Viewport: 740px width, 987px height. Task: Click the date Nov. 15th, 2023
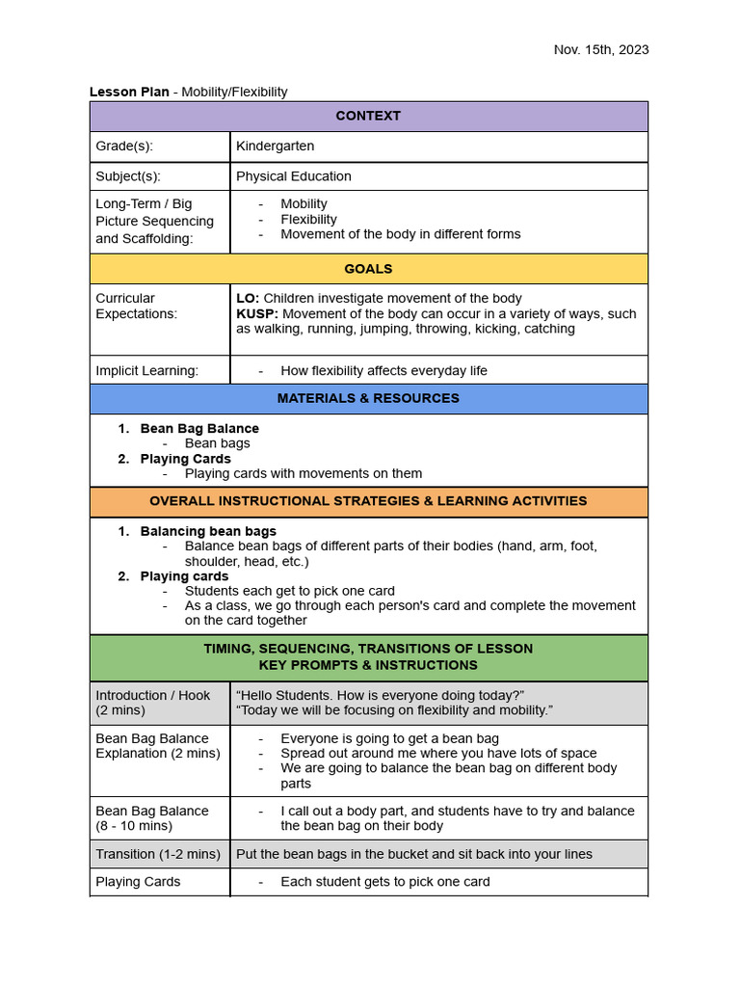pos(600,50)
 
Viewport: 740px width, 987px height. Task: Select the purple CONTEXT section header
pos(368,116)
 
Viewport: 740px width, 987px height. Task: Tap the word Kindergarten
pos(276,147)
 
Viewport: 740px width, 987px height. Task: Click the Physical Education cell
pos(294,176)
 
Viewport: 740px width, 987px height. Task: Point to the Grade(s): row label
pos(124,147)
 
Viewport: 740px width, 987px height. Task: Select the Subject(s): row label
pos(128,176)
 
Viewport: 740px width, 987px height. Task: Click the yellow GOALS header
pos(368,269)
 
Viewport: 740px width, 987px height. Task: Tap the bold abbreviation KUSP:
pos(257,313)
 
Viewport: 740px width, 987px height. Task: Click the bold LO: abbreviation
pos(248,298)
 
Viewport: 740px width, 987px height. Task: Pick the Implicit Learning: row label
pos(146,371)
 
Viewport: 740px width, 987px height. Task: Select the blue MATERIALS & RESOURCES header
pos(368,398)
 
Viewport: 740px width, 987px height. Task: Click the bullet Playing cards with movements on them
pos(303,473)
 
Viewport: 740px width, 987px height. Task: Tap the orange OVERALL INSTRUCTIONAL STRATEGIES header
pos(368,501)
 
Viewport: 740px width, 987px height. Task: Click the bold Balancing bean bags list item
pos(208,531)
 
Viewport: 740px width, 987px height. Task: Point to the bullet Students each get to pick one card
pos(289,591)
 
